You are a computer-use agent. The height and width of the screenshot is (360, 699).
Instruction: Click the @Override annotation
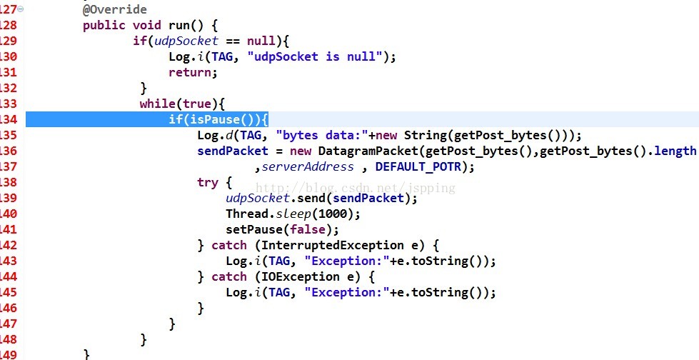tap(114, 9)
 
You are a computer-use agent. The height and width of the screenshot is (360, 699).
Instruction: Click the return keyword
tap(191, 72)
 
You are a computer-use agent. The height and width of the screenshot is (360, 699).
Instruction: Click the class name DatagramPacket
tap(368, 151)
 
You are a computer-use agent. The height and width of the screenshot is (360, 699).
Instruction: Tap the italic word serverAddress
tap(308, 167)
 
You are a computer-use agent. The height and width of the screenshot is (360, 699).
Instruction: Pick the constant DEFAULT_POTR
tap(418, 167)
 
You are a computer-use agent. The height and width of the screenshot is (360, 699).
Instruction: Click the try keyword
tap(208, 183)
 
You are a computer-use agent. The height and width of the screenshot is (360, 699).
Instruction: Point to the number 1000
tap(333, 214)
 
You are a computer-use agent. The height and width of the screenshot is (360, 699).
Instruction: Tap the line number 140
tap(9, 214)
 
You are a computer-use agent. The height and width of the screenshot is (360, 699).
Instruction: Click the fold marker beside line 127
tap(21, 9)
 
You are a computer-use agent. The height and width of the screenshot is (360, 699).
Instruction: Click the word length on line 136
tap(674, 151)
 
